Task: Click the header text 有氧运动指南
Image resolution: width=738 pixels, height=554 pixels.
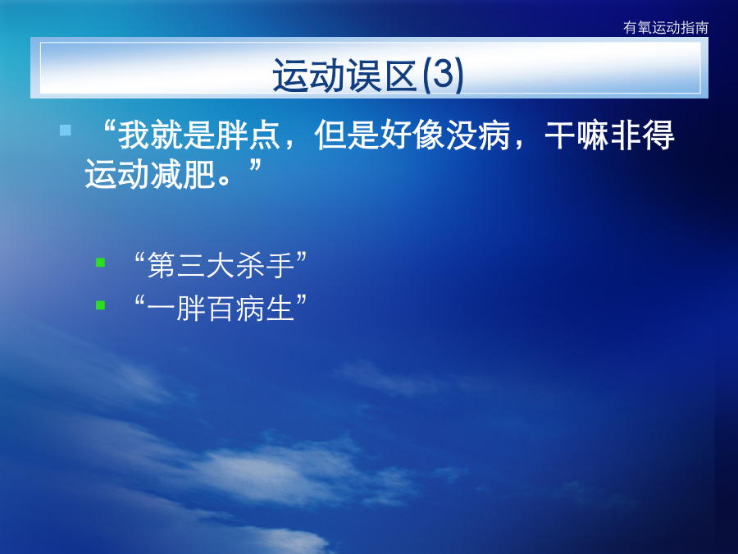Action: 666,28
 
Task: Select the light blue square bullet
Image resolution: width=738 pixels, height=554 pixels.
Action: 66,130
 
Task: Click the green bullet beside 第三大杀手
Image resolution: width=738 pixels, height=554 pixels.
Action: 100,263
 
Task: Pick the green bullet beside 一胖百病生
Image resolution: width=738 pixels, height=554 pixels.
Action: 100,305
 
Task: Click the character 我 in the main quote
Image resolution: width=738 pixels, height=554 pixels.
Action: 134,135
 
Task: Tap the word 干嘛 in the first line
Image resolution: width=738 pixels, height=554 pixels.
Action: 577,135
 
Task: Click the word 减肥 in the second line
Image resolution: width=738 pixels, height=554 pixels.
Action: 183,174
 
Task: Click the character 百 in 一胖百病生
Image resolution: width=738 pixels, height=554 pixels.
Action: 221,309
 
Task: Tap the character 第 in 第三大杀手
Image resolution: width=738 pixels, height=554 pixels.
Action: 162,265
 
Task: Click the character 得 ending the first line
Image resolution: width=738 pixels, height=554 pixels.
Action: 658,135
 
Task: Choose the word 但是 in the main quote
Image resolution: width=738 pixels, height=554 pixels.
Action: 347,135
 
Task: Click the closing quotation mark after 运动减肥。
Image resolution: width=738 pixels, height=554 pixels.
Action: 255,165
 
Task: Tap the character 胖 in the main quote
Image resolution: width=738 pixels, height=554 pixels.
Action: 232,135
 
